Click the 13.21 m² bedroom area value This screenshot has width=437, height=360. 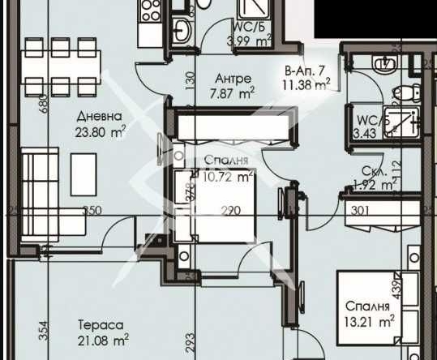point(370,321)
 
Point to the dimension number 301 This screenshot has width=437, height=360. point(362,211)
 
